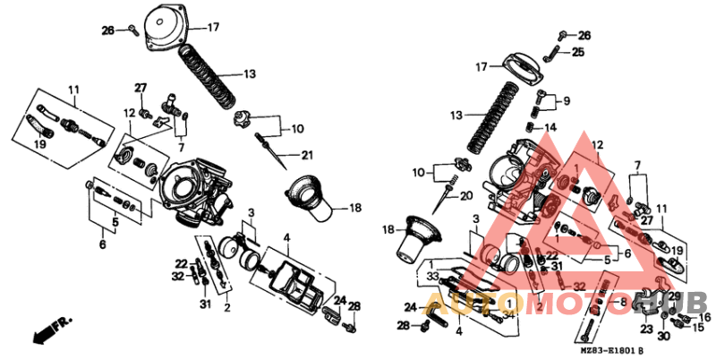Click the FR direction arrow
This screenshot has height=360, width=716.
(x=45, y=334)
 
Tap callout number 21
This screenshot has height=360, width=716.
(x=307, y=156)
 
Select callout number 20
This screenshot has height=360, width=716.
(x=466, y=195)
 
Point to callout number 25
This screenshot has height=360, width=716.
(x=578, y=53)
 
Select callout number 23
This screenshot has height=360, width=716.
(x=646, y=329)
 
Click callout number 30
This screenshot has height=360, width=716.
(x=663, y=337)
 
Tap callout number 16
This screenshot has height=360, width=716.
(x=704, y=317)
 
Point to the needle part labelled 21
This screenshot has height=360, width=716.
(x=269, y=147)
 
